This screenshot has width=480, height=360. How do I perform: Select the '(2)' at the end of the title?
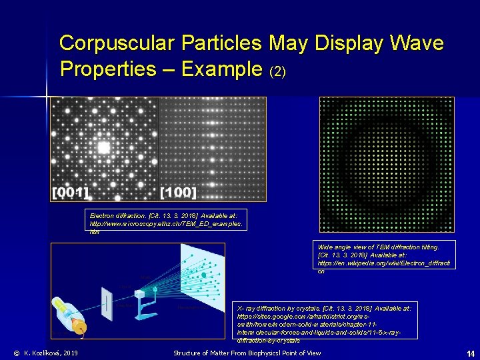(x=277, y=71)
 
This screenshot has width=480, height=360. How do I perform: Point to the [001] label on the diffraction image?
(x=71, y=193)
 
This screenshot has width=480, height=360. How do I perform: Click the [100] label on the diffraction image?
(x=179, y=193)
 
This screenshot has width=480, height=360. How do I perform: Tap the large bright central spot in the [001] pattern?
(x=103, y=147)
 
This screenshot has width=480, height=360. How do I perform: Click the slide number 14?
(x=469, y=353)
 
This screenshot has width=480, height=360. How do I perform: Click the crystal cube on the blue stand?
(x=140, y=293)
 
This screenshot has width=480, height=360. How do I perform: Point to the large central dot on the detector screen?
(x=203, y=275)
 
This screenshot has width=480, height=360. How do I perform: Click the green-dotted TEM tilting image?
(x=387, y=164)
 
